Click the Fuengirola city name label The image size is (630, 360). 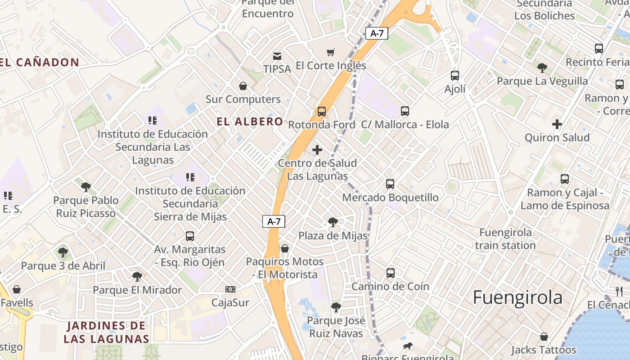click(x=517, y=298)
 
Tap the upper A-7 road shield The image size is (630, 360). click(x=377, y=33)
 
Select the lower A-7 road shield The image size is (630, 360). click(x=274, y=221)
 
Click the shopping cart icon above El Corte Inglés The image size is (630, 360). click(x=331, y=53)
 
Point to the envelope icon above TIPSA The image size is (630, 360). click(x=277, y=56)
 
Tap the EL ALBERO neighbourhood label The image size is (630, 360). click(x=250, y=121)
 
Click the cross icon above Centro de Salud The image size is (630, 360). click(x=317, y=150)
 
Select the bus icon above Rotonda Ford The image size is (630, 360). click(x=321, y=111)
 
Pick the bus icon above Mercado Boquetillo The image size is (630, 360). click(x=390, y=184)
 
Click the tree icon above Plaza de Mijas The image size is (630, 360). click(x=333, y=222)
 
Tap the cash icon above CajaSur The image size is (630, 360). click(x=230, y=289)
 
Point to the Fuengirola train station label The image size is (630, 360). click(x=505, y=239)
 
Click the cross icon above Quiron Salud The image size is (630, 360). click(x=557, y=124)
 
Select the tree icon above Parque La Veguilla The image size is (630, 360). click(x=542, y=68)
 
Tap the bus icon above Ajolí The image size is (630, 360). click(x=455, y=75)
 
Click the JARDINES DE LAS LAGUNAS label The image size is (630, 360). click(x=106, y=332)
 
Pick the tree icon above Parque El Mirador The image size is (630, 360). click(x=137, y=277)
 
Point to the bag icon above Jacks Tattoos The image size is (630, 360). click(x=544, y=337)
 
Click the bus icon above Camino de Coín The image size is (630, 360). click(x=391, y=273)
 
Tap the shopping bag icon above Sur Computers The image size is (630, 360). click(x=243, y=86)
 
